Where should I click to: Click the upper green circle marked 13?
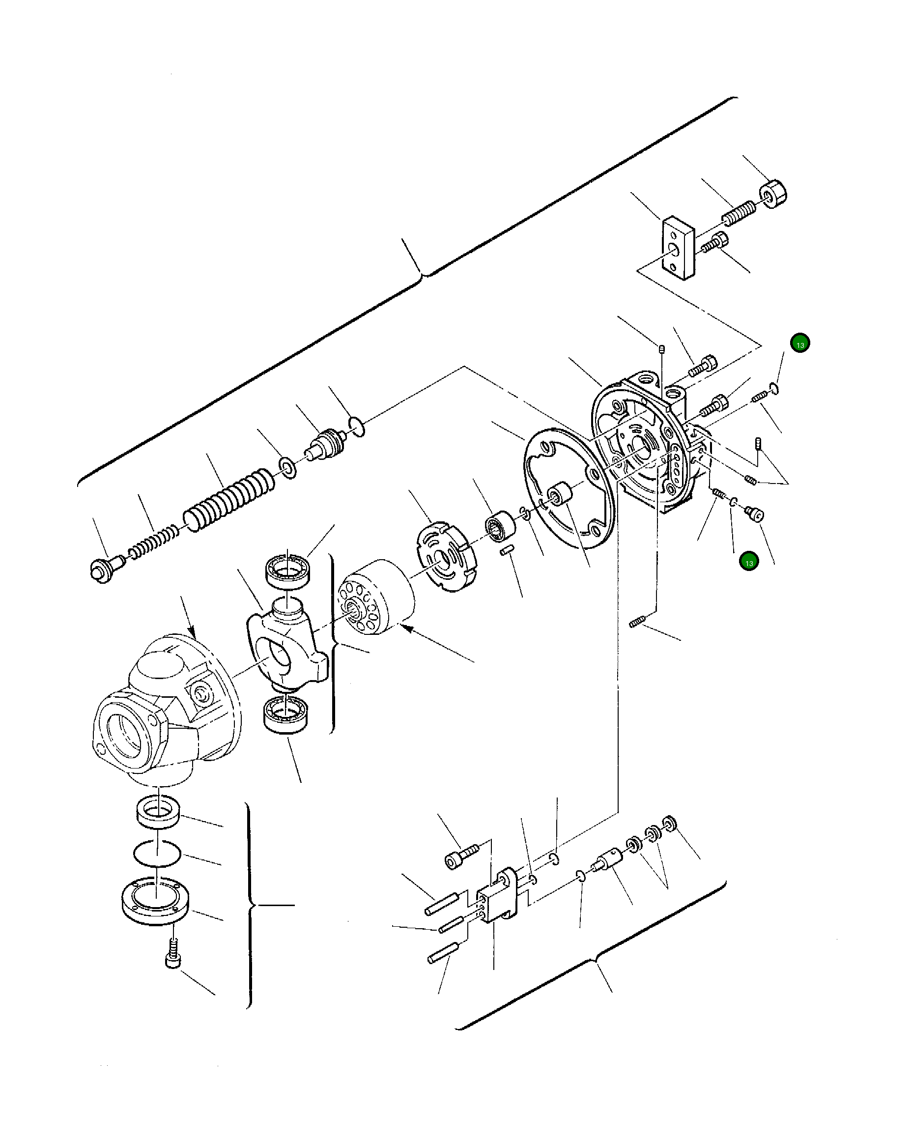[x=800, y=343]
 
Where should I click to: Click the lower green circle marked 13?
[x=749, y=562]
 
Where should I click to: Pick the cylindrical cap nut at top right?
[x=773, y=194]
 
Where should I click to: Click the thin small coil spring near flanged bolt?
[x=153, y=541]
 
